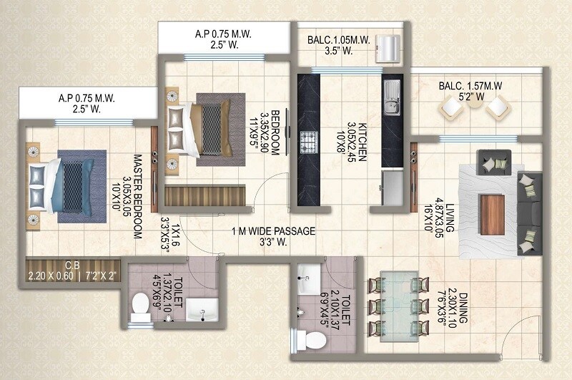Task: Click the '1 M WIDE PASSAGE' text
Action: [273, 231]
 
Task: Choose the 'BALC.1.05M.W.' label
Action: [340, 40]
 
